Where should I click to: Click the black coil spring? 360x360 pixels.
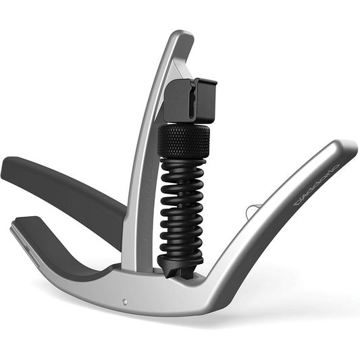click(182, 209)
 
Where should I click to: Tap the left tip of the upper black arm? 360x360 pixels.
click(8, 169)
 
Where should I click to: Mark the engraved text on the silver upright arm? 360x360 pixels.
click(143, 203)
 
